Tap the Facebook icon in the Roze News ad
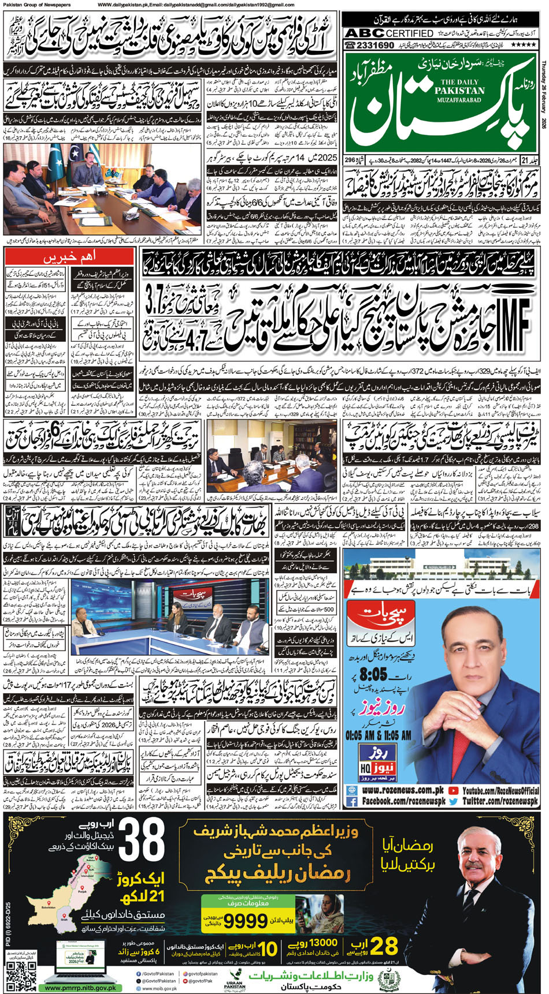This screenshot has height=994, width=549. pos(352,802)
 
